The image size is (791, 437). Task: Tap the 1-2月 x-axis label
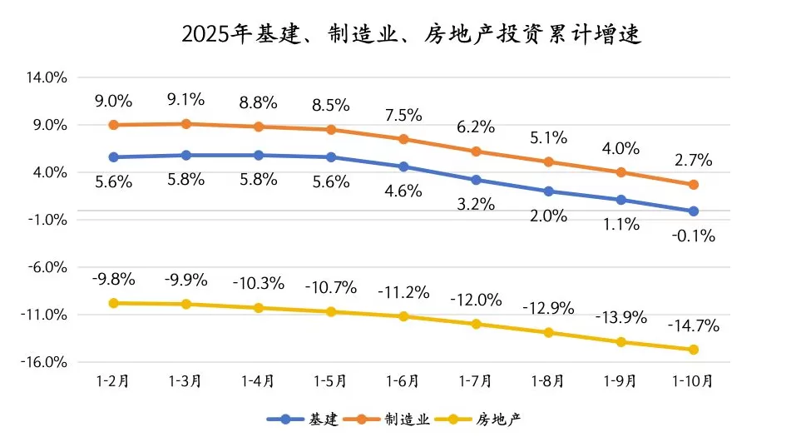click(x=113, y=381)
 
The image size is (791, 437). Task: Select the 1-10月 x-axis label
click(x=693, y=381)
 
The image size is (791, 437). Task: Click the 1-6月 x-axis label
click(x=403, y=381)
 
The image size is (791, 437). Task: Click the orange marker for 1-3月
click(x=186, y=124)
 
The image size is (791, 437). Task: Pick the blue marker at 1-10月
click(x=694, y=211)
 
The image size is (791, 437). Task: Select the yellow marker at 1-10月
click(x=694, y=350)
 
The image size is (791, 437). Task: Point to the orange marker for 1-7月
click(x=476, y=151)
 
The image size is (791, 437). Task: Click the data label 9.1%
click(x=186, y=100)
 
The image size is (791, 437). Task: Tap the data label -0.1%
click(x=694, y=236)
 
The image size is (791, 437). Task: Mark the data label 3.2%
click(x=476, y=204)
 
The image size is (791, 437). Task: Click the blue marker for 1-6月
click(x=403, y=166)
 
